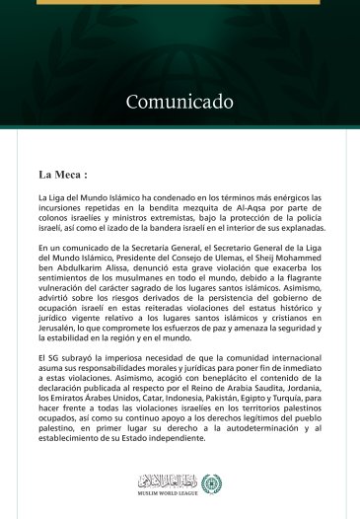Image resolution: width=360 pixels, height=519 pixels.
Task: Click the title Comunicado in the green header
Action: click(x=180, y=102)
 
